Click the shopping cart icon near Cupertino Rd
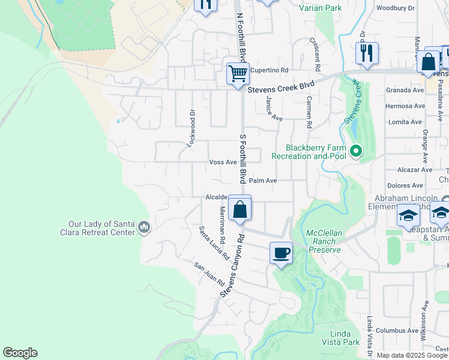(238, 74)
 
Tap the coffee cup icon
(281, 253)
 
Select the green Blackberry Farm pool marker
(355, 151)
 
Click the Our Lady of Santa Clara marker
(144, 227)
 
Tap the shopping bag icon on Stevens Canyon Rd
(240, 210)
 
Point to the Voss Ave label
(223, 162)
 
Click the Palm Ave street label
(263, 180)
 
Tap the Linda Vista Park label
(345, 337)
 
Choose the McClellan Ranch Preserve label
(324, 241)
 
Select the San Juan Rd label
(208, 274)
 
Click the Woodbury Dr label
(395, 8)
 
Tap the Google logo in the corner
(20, 353)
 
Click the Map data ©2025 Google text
(412, 355)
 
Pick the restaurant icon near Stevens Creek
(366, 53)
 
